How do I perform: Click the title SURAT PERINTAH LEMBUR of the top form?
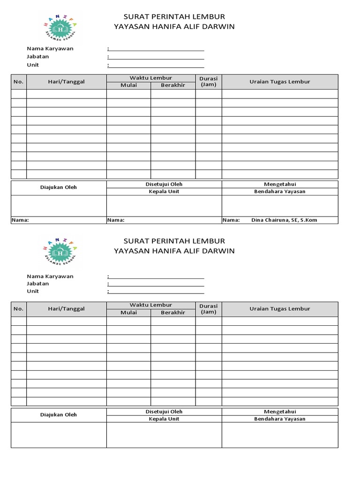pos(174,17)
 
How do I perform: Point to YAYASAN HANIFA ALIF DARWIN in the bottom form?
pos(174,251)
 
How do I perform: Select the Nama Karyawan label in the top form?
pos(50,48)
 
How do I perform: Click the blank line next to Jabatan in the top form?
pos(156,57)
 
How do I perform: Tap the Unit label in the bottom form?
pos(33,291)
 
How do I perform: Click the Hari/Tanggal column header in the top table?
pos(66,82)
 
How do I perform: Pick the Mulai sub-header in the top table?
pos(128,85)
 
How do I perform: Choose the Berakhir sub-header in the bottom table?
pos(173,313)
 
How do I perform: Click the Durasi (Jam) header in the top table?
pos(208,82)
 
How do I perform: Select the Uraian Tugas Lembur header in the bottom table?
pos(280,309)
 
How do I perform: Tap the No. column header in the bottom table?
pos(18,309)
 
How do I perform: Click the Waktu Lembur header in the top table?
pos(151,78)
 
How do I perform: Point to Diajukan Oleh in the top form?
pos(59,187)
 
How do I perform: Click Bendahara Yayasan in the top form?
pos(280,191)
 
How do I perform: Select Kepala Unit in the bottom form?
pos(164,419)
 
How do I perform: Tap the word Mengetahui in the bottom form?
pos(280,412)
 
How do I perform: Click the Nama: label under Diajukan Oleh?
pos(20,220)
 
